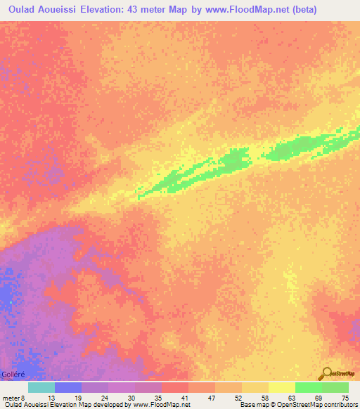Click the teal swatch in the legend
(x=41, y=387)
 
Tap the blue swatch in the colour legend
(x=67, y=387)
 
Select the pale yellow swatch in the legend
(x=281, y=387)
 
